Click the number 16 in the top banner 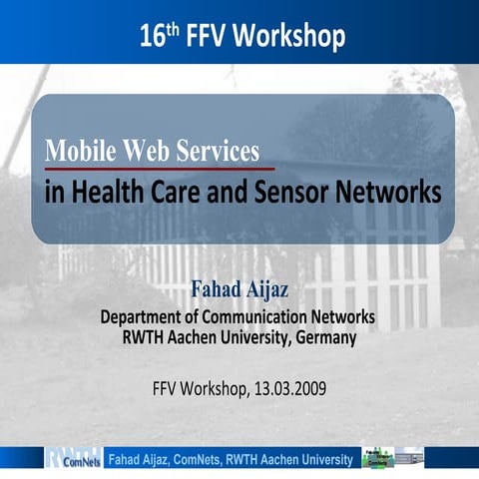coord(152,38)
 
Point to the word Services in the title coord(220,152)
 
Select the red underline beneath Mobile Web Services coord(160,169)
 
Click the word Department coord(147,317)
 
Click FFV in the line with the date coord(166,386)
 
